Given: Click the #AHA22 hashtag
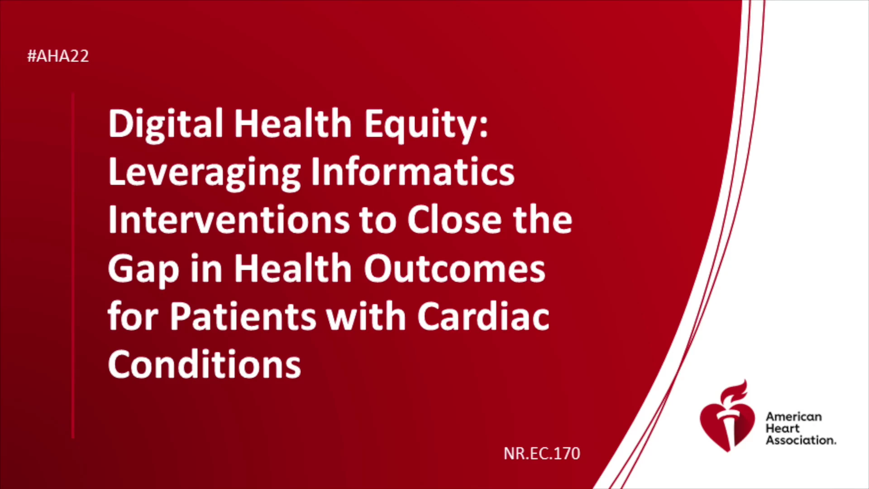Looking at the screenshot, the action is click(58, 56).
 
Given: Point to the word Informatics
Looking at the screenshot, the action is click(413, 172).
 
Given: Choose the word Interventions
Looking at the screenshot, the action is click(229, 220).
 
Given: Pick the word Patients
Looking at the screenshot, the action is click(243, 316).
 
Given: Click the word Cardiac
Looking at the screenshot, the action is click(483, 316).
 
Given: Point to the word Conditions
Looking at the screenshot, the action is click(205, 364).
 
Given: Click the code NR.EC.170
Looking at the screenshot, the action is click(542, 453).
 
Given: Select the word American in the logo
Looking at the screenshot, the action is click(793, 417).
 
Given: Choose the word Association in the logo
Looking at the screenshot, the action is click(801, 440).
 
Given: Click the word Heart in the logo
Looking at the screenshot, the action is click(783, 428).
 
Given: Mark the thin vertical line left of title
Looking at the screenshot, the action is click(73, 266).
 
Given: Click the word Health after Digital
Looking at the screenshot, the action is click(293, 124).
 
